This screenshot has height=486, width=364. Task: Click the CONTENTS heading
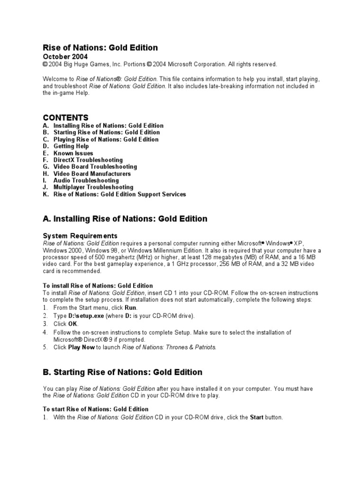pyautogui.click(x=65, y=117)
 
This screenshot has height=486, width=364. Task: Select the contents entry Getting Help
pyautogui.click(x=71, y=146)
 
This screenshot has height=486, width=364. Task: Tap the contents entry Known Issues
pyautogui.click(x=73, y=153)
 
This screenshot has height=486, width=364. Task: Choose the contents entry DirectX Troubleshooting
pyautogui.click(x=88, y=160)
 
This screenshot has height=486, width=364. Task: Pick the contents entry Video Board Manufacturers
pyautogui.click(x=92, y=174)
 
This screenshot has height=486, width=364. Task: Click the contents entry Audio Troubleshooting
pyautogui.click(x=86, y=180)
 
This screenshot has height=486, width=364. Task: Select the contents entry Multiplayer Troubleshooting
pyautogui.click(x=93, y=187)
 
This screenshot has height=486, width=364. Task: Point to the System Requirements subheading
pyautogui.click(x=80, y=236)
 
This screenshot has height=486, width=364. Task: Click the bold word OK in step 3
pyautogui.click(x=73, y=323)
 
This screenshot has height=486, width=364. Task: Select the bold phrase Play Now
pyautogui.click(x=82, y=347)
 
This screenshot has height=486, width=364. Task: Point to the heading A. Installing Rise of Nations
pyautogui.click(x=125, y=219)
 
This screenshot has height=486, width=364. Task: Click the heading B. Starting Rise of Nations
pyautogui.click(x=122, y=372)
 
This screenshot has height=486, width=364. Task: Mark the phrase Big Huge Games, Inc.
pyautogui.click(x=93, y=65)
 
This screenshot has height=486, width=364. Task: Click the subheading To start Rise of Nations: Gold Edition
pyautogui.click(x=95, y=409)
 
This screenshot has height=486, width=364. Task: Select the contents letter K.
pyautogui.click(x=45, y=194)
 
